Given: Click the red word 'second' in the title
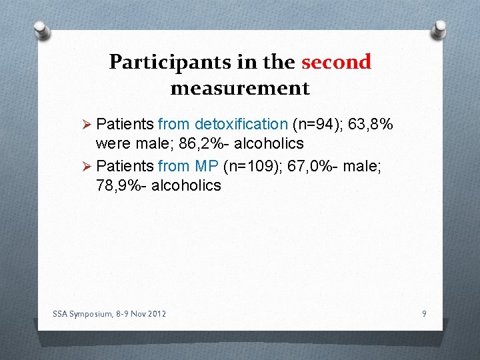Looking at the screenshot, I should [336, 62].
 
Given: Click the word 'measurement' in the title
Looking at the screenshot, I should [240, 88].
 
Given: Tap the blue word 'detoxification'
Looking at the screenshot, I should [241, 124].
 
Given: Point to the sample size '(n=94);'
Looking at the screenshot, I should [317, 124].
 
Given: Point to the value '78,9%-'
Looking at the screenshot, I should [121, 185].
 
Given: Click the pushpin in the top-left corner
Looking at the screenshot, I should [41, 29].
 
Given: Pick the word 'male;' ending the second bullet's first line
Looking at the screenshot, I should [363, 165].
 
